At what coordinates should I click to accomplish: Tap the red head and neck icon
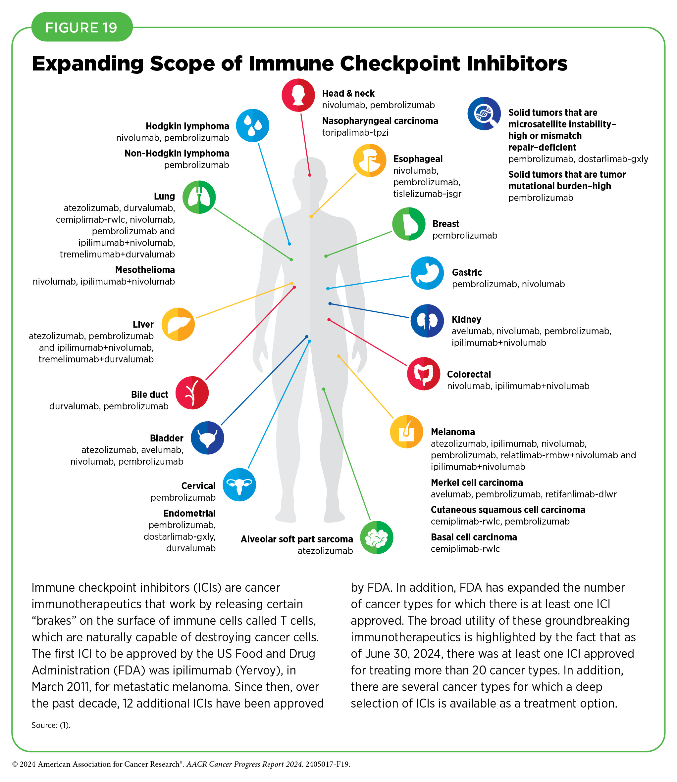click(298, 95)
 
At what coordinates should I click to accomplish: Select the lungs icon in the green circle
click(199, 197)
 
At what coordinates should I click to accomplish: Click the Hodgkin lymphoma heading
click(187, 126)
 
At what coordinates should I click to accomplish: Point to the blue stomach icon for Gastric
click(427, 273)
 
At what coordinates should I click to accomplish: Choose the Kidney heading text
click(467, 319)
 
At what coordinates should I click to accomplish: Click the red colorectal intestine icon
click(424, 374)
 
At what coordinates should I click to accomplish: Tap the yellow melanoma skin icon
click(406, 432)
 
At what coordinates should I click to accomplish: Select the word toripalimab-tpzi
click(355, 132)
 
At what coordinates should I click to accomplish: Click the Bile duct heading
click(150, 394)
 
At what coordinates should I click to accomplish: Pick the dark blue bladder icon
click(207, 438)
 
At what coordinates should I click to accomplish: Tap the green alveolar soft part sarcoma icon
click(377, 537)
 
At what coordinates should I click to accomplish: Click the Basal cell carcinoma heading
click(474, 537)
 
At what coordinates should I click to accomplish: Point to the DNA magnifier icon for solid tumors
click(484, 114)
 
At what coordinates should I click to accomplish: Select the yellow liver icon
click(178, 324)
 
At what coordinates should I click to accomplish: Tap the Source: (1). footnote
click(51, 725)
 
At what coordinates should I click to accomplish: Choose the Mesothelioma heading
click(145, 270)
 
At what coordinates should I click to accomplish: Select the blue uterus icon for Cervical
click(239, 484)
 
